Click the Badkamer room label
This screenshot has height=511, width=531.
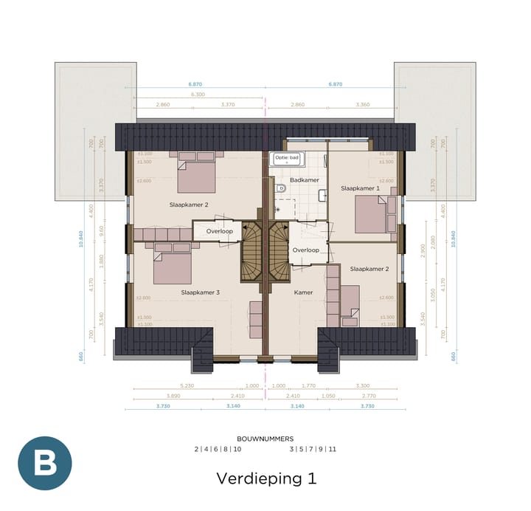tap(304, 179)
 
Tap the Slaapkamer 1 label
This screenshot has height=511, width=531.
tap(360, 188)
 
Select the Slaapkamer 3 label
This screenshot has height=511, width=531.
tap(201, 292)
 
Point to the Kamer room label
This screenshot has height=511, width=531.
tap(303, 292)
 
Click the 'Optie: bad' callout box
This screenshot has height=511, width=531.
tap(286, 158)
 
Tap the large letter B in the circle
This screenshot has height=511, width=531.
tap(45, 464)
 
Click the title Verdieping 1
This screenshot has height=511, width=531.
tap(266, 479)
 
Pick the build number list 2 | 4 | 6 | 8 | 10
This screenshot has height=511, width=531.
tap(218, 449)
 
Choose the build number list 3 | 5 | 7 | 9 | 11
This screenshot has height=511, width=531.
tap(313, 449)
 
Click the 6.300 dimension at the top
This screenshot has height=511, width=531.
tap(198, 95)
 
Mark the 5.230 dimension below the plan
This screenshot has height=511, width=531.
tap(187, 385)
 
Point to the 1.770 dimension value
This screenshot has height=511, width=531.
tap(309, 385)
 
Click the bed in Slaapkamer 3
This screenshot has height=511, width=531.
tap(172, 267)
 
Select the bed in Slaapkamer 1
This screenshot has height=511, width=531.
tap(373, 213)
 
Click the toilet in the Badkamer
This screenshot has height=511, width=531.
tap(280, 189)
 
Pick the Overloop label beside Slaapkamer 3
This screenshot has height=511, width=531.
tap(219, 231)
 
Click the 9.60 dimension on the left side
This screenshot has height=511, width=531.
tap(103, 230)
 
